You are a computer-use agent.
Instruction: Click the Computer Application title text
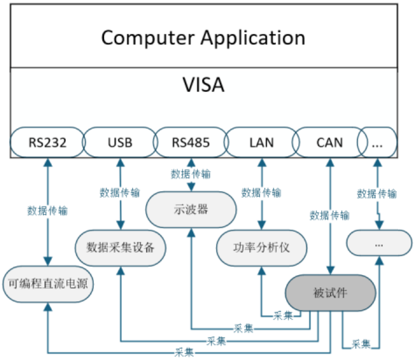[203, 38]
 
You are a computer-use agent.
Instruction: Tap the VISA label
[203, 84]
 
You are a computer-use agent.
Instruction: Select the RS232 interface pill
[47, 142]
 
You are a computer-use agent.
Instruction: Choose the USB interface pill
[119, 142]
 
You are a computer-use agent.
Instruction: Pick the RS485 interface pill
[190, 142]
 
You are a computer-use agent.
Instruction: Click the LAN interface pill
[261, 142]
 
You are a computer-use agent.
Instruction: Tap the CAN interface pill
[330, 142]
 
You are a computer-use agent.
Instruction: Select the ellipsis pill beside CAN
[377, 142]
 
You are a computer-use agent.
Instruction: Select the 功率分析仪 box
[261, 248]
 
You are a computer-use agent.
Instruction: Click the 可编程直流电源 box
[47, 284]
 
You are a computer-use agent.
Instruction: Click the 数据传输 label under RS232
[47, 211]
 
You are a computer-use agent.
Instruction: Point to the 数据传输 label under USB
[120, 193]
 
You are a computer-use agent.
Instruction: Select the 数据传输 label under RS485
[191, 174]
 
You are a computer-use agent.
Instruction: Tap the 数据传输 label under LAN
[261, 193]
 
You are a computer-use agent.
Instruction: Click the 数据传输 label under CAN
[330, 216]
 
